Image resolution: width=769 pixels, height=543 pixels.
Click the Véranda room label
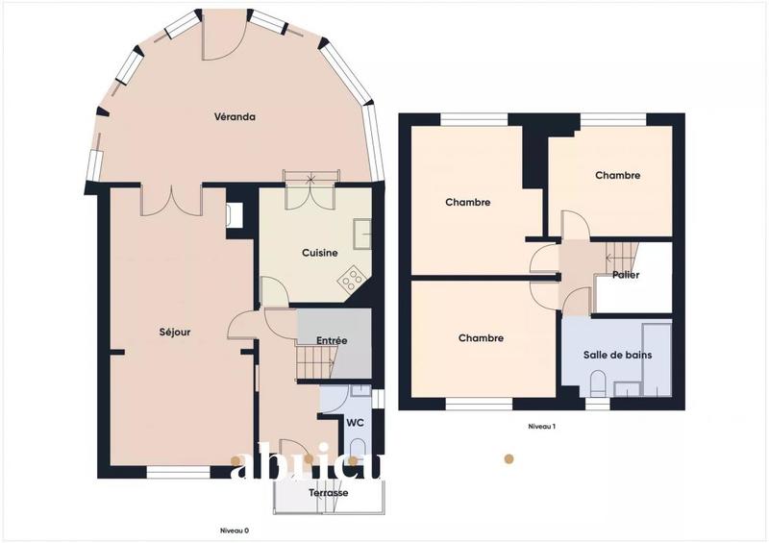coord(235,117)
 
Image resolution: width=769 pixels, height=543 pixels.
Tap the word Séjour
coord(175,333)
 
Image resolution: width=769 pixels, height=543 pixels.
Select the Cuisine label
coord(319,253)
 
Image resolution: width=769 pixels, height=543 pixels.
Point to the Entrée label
coord(332,340)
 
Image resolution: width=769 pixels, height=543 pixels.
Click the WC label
coord(354,422)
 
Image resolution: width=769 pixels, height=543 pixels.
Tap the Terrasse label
coord(328,493)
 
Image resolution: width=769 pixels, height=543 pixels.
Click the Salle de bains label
coord(617,355)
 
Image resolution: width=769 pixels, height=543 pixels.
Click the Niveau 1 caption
coord(542,426)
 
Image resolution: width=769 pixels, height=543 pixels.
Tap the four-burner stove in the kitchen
coord(353,279)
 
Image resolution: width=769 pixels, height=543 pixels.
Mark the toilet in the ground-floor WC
coord(359,448)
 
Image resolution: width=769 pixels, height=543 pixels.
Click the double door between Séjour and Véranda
coord(171,200)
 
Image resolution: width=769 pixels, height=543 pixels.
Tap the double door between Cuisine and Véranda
coord(310,195)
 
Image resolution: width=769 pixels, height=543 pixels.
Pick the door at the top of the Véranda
coord(224,34)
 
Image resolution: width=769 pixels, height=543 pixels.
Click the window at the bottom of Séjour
coord(177,472)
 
